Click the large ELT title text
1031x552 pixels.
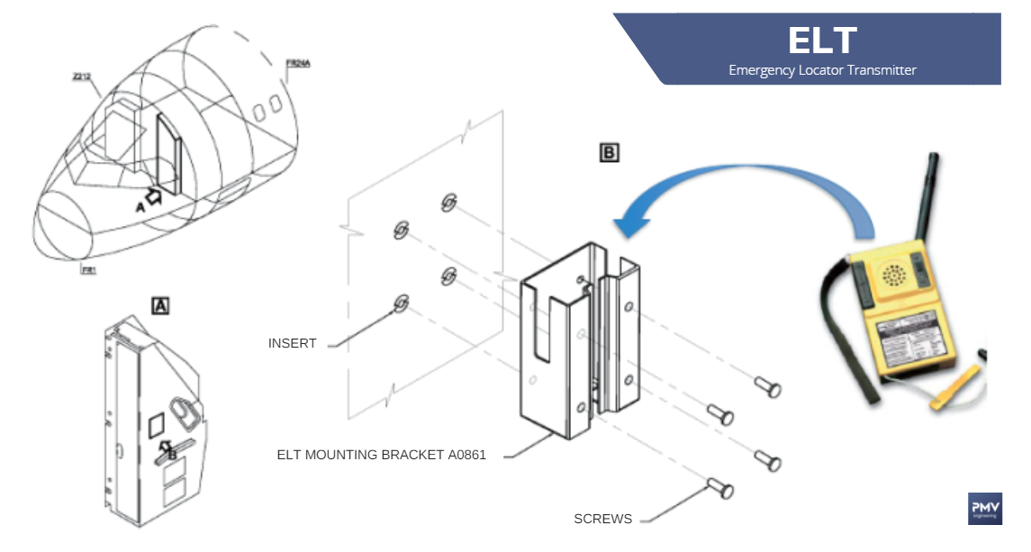pyautogui.click(x=822, y=41)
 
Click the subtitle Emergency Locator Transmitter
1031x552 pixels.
pyautogui.click(x=822, y=70)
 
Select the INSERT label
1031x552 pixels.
pyautogui.click(x=292, y=343)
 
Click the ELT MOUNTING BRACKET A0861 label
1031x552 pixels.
pyautogui.click(x=381, y=455)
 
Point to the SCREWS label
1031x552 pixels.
pyautogui.click(x=602, y=519)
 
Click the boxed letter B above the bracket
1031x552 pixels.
pyautogui.click(x=610, y=153)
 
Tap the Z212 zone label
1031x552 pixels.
pyautogui.click(x=83, y=77)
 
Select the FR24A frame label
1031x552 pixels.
pyautogui.click(x=298, y=63)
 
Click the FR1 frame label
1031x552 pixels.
pyautogui.click(x=88, y=269)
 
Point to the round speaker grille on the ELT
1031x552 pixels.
pyautogui.click(x=894, y=275)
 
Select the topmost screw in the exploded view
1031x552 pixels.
pyautogui.click(x=768, y=388)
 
